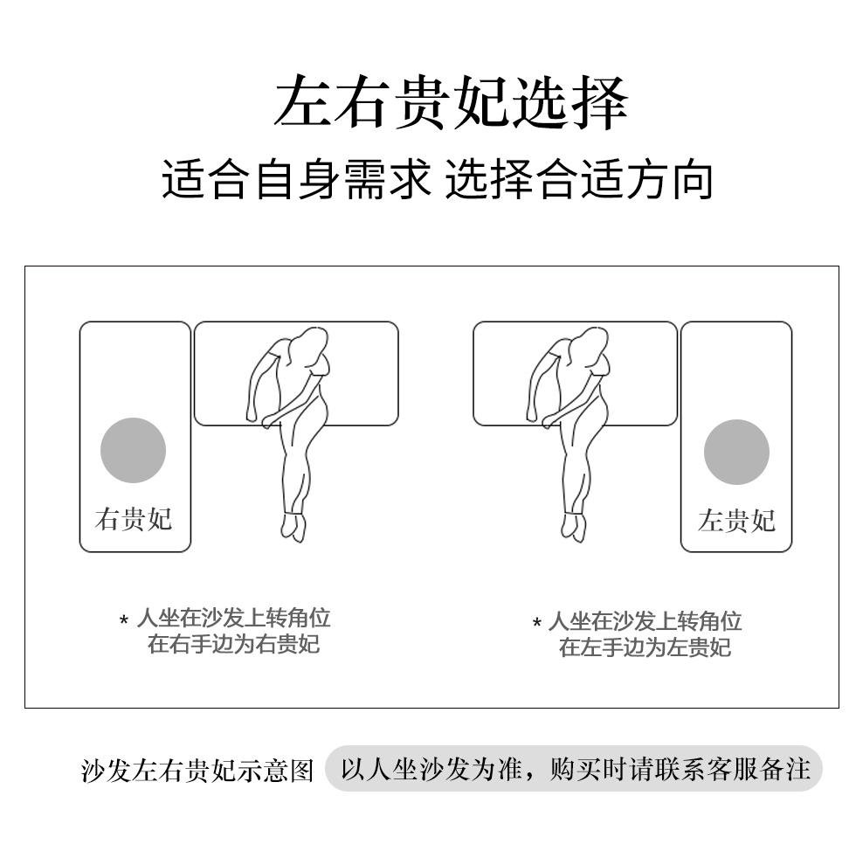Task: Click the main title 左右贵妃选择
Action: [451, 103]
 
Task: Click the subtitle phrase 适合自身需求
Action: [296, 179]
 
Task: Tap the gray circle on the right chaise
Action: [736, 452]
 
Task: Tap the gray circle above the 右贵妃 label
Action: [133, 450]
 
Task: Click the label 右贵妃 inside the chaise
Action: [134, 519]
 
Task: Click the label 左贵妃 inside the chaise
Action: [736, 521]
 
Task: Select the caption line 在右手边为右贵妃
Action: [234, 644]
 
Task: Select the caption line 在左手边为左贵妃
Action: [645, 647]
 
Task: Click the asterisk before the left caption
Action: [124, 620]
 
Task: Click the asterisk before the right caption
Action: [537, 623]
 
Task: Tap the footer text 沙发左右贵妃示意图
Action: [197, 771]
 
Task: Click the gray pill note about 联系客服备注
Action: [574, 769]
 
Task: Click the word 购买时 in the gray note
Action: [588, 769]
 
